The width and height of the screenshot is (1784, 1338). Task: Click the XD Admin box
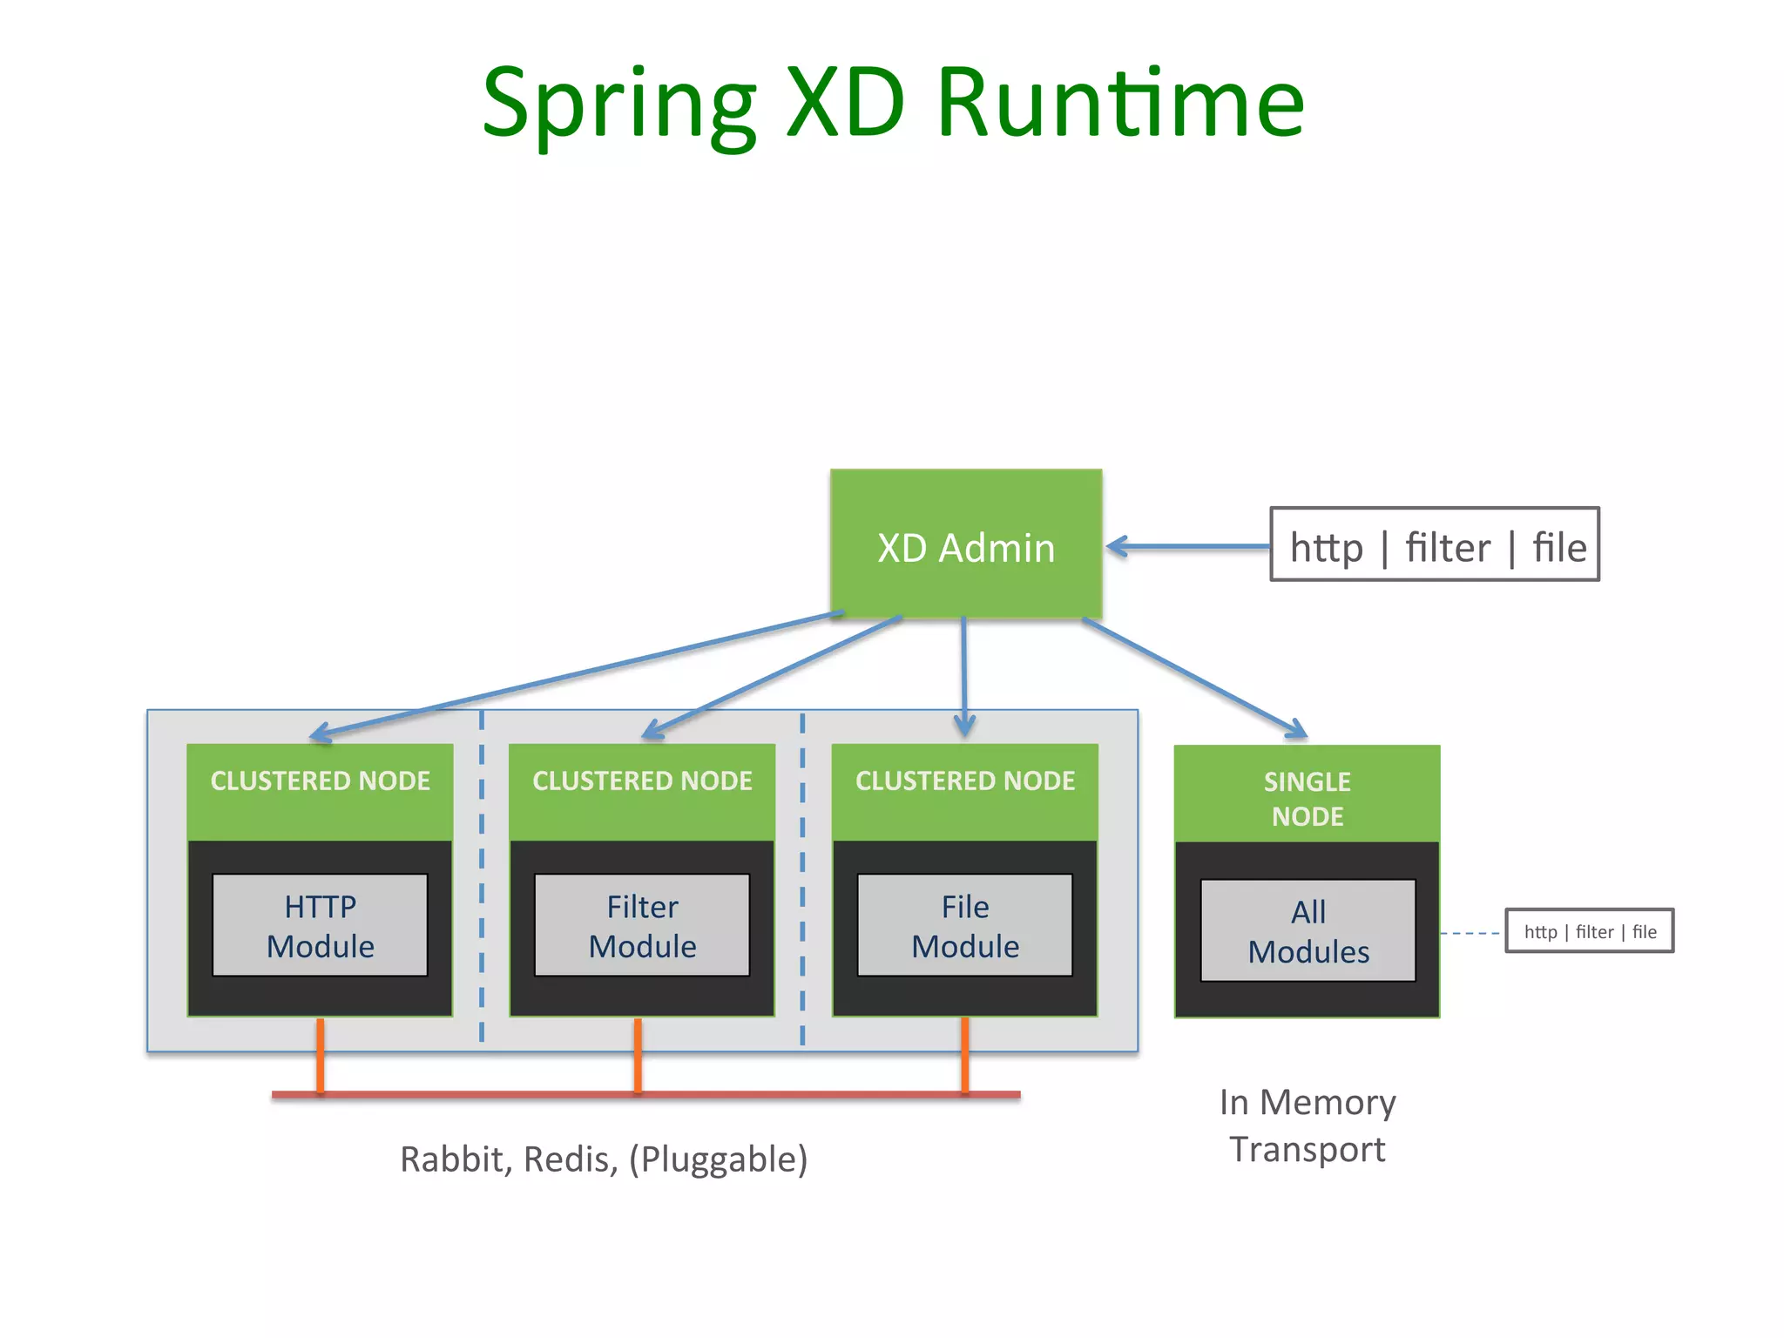point(965,545)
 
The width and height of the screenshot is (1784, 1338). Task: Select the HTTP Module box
point(320,925)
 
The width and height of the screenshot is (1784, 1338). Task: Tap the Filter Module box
point(642,925)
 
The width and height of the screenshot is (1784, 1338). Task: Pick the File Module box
point(964,925)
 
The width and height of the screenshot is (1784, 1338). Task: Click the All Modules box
point(1308,930)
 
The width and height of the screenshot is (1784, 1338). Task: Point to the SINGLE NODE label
point(1307,797)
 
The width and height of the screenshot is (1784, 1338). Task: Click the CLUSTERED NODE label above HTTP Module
point(320,780)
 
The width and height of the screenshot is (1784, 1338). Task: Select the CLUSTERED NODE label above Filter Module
point(642,780)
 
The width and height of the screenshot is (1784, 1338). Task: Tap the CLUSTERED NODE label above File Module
point(964,780)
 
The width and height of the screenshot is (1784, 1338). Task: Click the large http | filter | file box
point(1435,545)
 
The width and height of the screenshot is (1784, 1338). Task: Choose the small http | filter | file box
point(1589,931)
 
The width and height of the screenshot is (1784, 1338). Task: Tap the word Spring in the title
point(618,105)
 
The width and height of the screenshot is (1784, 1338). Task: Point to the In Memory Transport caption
point(1307,1125)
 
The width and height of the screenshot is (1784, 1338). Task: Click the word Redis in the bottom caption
point(570,1159)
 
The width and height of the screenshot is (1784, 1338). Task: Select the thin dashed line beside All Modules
point(1471,933)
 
